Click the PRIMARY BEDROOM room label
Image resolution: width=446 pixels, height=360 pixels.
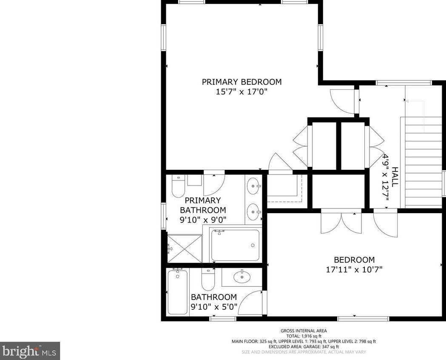241,82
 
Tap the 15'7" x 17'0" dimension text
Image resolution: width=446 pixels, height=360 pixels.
241,92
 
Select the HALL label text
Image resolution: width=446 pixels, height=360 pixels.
395,177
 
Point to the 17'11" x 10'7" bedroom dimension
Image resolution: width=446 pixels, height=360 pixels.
354,269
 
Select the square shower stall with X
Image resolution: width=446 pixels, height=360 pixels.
185,249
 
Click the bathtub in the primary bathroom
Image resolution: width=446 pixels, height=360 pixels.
236,245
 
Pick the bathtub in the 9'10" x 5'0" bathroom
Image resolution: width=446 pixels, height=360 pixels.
177,291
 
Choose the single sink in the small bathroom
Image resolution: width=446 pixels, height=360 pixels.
242,276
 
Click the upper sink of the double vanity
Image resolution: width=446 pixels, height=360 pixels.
253,186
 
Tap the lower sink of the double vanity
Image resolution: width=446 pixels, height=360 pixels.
253,212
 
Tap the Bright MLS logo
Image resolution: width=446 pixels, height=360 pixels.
29,351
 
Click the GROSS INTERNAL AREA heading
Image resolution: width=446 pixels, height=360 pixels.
304,331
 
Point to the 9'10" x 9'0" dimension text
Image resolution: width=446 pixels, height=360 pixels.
203,220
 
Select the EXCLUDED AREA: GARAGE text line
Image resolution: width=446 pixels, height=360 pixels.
304,347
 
